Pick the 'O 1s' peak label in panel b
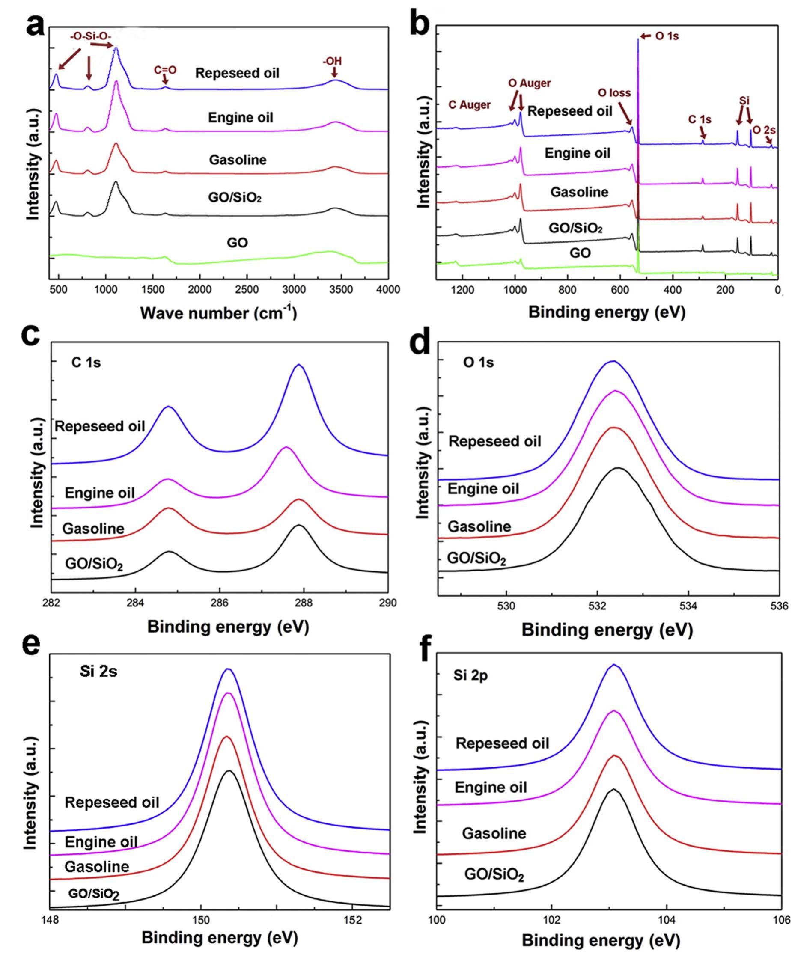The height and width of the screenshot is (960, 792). pos(667,36)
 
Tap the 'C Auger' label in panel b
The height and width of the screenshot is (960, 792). pos(470,105)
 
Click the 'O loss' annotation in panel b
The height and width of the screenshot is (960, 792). pos(614,93)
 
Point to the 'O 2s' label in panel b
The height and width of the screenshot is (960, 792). pos(764,130)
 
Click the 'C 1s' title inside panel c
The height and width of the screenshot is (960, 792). pos(86,363)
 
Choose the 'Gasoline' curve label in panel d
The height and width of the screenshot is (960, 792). pos(479,527)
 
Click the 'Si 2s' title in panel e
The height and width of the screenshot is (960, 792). pos(97,672)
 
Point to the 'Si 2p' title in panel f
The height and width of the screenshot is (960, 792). pos(470,675)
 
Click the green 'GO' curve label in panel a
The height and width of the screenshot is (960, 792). pos(237,242)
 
